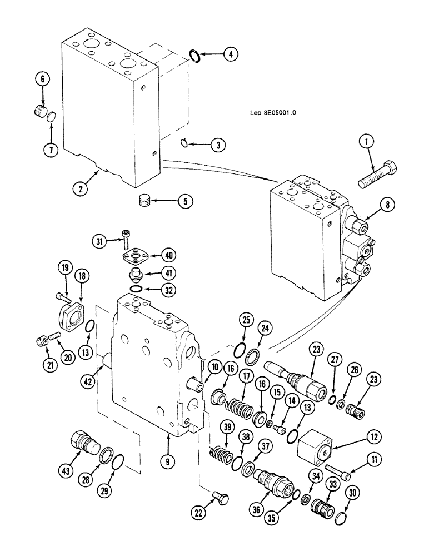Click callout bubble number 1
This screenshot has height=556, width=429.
366,143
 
